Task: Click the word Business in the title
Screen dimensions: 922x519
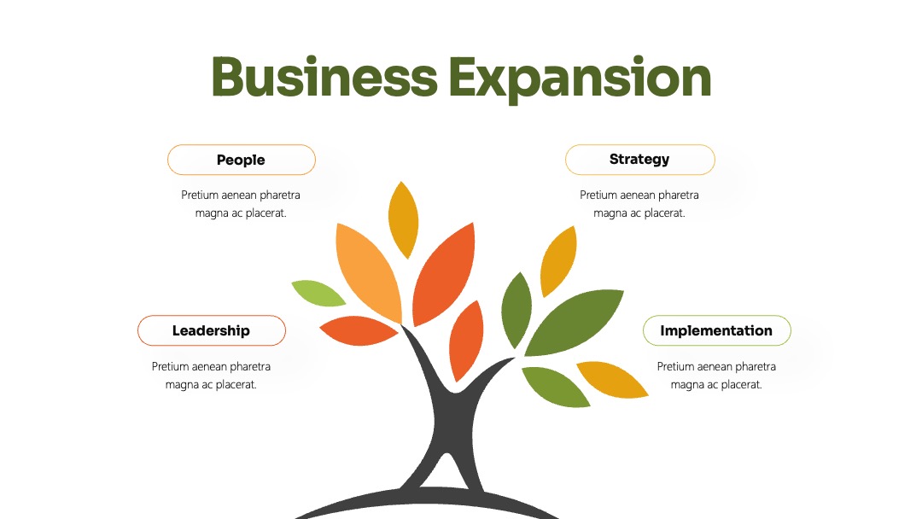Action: [x=324, y=77]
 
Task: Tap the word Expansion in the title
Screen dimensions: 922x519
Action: [x=580, y=79]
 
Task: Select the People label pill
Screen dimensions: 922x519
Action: [x=241, y=160]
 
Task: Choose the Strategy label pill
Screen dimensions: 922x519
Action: [x=639, y=160]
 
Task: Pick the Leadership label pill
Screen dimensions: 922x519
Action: [x=212, y=330]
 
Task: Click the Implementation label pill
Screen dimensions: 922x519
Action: [x=717, y=330]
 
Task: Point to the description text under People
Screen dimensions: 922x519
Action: [x=241, y=204]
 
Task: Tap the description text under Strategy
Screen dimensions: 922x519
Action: [x=639, y=204]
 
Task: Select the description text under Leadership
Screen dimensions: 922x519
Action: [x=211, y=376]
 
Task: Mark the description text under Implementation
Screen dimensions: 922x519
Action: [x=716, y=376]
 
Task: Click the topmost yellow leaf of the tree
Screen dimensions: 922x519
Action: [x=403, y=220]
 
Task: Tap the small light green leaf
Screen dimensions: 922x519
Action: [x=318, y=294]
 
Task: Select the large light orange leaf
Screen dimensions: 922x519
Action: [x=367, y=272]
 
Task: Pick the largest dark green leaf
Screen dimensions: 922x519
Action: [x=574, y=322]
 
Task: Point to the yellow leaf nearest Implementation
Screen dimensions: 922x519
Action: [x=612, y=380]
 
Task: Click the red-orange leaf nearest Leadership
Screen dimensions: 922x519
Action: [x=358, y=330]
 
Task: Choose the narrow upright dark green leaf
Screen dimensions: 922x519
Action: [x=516, y=310]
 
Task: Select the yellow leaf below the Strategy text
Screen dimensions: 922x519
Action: [x=558, y=261]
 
